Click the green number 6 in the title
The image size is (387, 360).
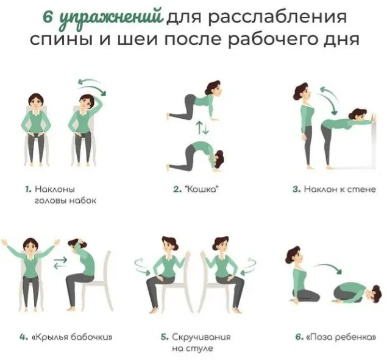tap(48, 17)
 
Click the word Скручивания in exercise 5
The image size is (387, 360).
tap(201, 337)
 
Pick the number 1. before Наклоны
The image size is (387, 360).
tap(29, 189)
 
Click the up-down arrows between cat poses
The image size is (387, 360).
tap(202, 128)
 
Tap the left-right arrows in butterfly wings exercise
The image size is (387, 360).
tap(60, 263)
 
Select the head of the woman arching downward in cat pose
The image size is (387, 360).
tap(218, 159)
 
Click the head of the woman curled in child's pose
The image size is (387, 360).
tap(375, 294)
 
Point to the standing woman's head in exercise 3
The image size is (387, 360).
tap(302, 92)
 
